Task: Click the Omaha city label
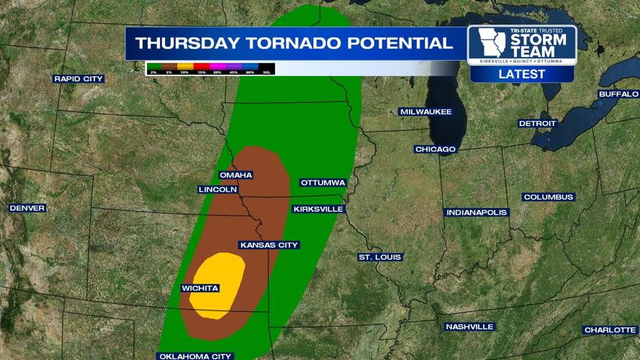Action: click(x=236, y=175)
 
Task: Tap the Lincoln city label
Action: click(x=217, y=189)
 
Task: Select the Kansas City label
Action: click(x=269, y=245)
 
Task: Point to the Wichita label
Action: click(x=200, y=288)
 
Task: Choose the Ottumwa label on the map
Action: click(x=323, y=182)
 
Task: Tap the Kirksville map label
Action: click(x=318, y=209)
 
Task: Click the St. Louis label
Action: click(x=380, y=257)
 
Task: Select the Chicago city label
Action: click(x=435, y=149)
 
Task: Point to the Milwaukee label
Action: click(x=425, y=112)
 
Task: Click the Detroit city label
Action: click(x=537, y=123)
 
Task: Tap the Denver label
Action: click(x=27, y=208)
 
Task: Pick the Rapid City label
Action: click(x=78, y=78)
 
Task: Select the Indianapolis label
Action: click(x=477, y=212)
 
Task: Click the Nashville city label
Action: click(x=469, y=326)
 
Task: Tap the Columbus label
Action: click(x=548, y=197)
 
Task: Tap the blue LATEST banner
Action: click(x=521, y=74)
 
